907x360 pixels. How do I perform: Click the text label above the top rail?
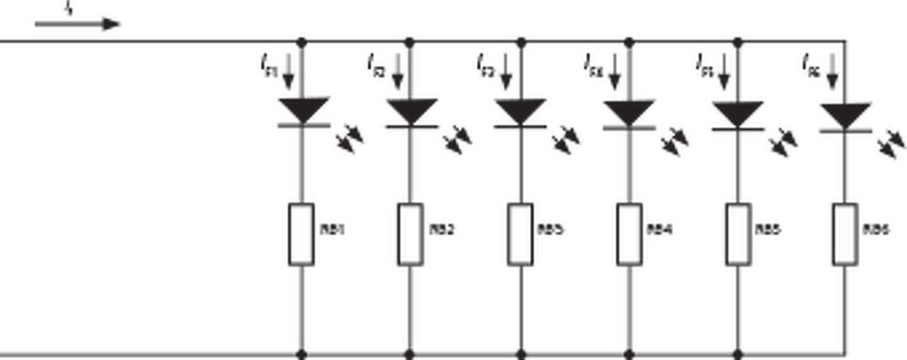pyautogui.click(x=78, y=21)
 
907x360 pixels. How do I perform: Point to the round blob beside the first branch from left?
pyautogui.click(x=349, y=139)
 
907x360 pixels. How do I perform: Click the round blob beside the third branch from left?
pyautogui.click(x=566, y=140)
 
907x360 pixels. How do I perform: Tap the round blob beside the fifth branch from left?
pyautogui.click(x=783, y=143)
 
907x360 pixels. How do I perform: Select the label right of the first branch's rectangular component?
pyautogui.click(x=333, y=230)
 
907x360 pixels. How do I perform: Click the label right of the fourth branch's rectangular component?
pyautogui.click(x=660, y=230)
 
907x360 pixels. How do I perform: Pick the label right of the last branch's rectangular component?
pyautogui.click(x=879, y=230)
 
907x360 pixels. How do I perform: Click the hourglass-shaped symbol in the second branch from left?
pyautogui.click(x=411, y=113)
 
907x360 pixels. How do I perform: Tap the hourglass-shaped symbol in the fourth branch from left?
pyautogui.click(x=629, y=113)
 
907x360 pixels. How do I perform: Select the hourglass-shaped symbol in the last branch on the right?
pyautogui.click(x=845, y=113)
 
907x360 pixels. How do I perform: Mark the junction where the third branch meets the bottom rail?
pyautogui.click(x=519, y=349)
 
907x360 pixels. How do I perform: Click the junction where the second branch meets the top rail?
pyautogui.click(x=410, y=41)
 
